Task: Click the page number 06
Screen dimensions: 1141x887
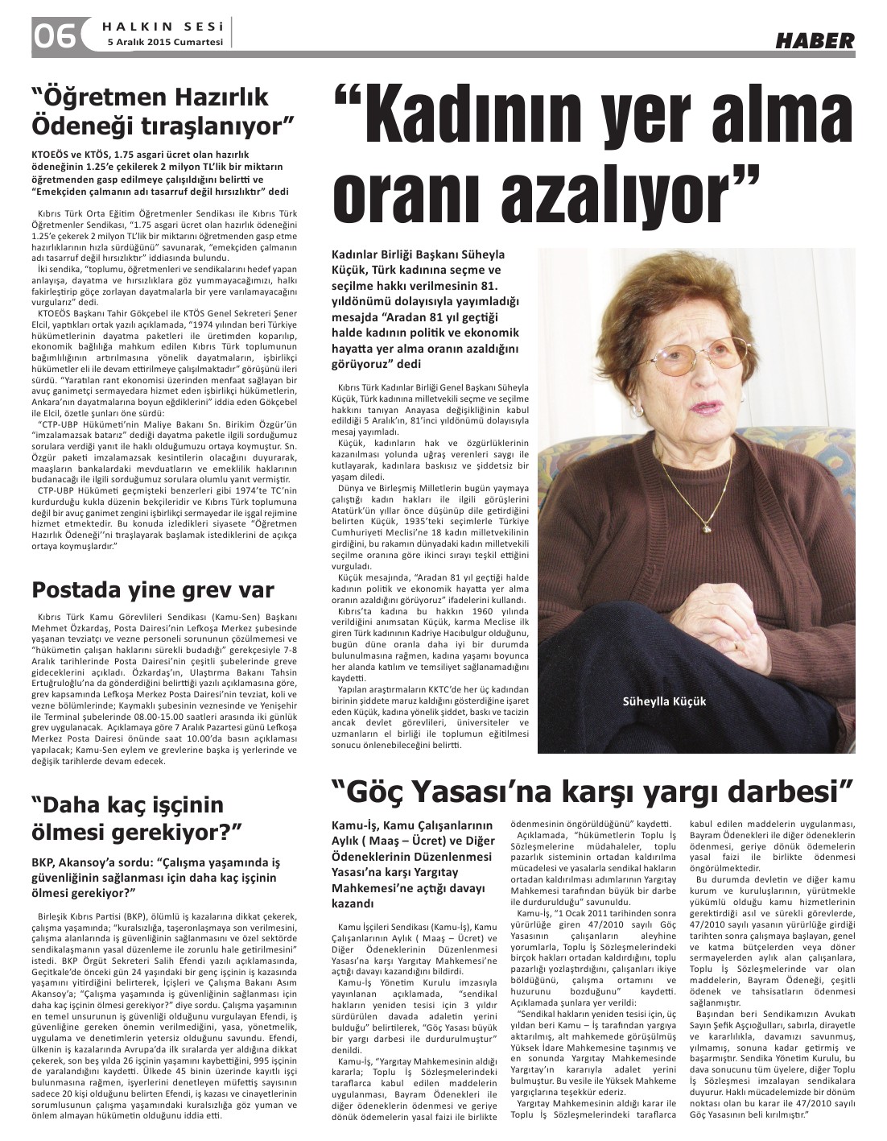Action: (55, 35)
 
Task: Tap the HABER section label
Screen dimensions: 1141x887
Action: (815, 39)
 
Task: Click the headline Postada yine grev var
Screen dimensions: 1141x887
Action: (153, 589)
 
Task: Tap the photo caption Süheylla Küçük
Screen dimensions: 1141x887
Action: (664, 701)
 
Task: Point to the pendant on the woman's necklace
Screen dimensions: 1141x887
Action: (708, 528)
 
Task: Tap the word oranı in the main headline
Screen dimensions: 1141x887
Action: (415, 191)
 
